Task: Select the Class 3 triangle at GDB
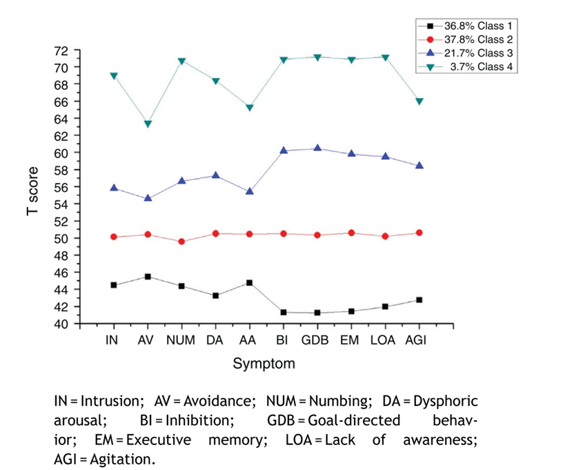(x=317, y=148)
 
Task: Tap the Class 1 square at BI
(x=283, y=313)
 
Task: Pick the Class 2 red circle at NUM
(x=181, y=242)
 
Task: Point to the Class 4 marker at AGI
(x=419, y=101)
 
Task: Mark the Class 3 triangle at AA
(x=249, y=190)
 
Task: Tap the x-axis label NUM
(x=181, y=340)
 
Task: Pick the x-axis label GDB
(x=317, y=340)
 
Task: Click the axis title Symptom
(x=264, y=363)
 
